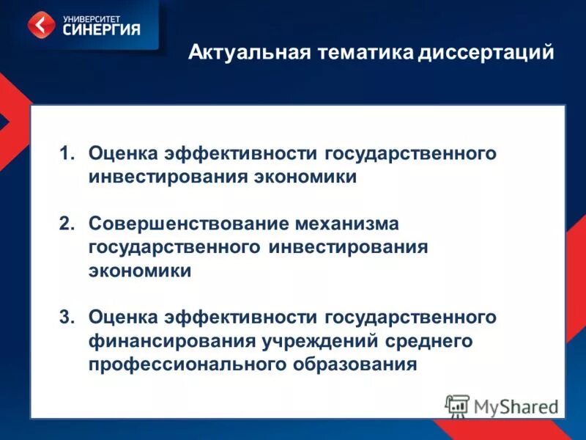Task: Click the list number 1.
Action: point(67,154)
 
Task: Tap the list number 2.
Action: point(67,223)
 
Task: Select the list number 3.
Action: point(67,317)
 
